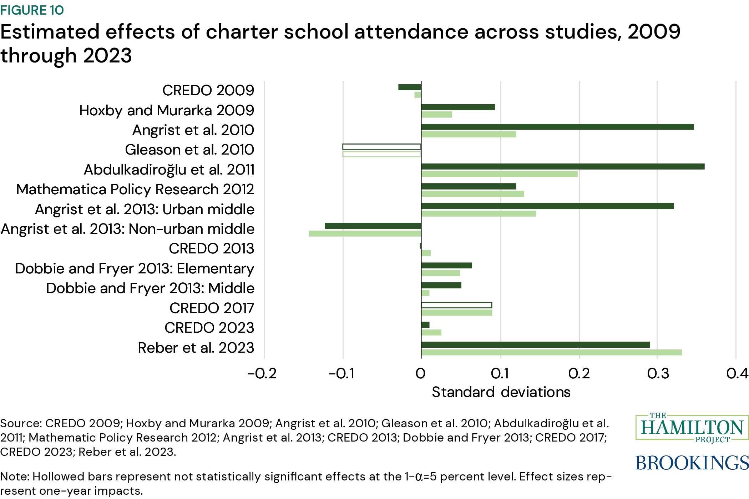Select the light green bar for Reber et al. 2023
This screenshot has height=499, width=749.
coord(551,352)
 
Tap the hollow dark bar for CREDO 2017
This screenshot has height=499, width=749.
coord(456,305)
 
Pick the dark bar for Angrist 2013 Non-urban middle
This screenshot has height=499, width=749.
coord(373,226)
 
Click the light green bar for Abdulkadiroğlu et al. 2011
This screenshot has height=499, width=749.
coord(499,174)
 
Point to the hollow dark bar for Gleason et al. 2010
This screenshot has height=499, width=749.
coord(381,147)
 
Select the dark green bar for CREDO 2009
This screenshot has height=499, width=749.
coord(410,87)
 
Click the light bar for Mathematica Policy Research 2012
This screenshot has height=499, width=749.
coord(472,194)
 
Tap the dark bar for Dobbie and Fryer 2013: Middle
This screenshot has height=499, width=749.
coord(441,285)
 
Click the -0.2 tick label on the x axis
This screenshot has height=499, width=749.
coord(262,374)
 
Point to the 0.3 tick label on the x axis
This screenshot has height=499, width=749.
coord(658,374)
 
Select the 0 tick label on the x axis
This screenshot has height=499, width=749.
coord(421,374)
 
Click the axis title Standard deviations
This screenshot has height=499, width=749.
coord(501,392)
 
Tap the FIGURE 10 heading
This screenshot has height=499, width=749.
coord(32,10)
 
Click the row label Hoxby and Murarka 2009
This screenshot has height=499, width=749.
coord(167,110)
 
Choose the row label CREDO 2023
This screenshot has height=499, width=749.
coord(209,328)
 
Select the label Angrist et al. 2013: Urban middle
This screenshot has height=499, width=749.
coord(145,209)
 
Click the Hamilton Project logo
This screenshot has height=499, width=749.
coord(692,428)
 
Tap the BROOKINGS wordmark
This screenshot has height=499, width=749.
coord(692,463)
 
